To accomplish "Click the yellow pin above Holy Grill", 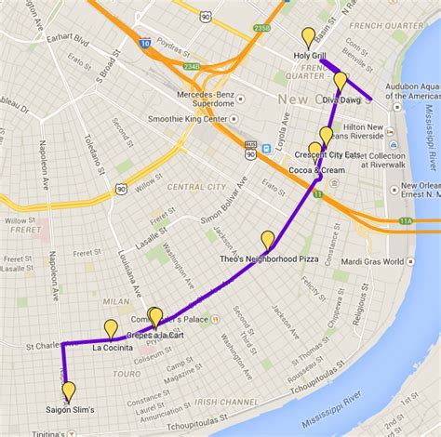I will click(x=308, y=38).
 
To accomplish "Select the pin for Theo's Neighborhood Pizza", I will click(x=268, y=240).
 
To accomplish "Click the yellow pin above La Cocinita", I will click(x=111, y=328).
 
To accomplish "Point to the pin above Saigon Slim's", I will click(x=68, y=391).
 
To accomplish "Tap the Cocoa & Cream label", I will click(x=316, y=170).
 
